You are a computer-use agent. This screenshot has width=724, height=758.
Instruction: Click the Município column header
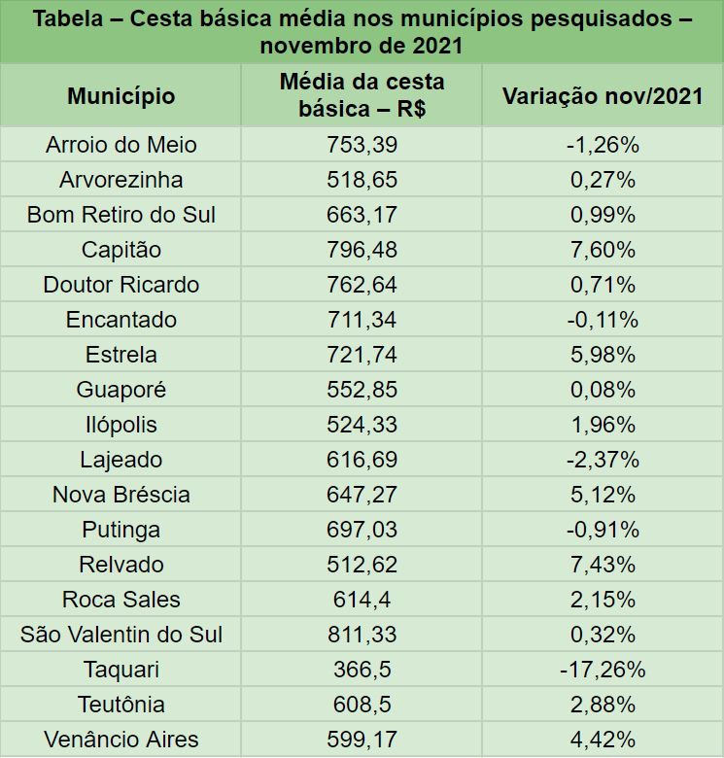pos(121,96)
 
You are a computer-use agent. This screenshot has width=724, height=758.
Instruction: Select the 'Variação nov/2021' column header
pos(603,96)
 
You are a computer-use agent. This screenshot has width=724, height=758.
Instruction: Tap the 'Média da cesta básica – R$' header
pos(362,95)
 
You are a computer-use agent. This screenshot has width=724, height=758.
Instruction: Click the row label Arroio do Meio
pos(121,145)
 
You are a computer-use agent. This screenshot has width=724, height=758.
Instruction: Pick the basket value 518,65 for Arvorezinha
pos(362,180)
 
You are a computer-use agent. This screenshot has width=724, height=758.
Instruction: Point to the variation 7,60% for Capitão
pos(603,250)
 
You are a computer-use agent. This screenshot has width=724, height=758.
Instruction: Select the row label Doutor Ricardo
pos(121,285)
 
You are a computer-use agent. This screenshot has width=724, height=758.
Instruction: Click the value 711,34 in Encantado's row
pos(362,320)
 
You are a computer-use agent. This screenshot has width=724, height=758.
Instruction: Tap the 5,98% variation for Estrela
pos(603,355)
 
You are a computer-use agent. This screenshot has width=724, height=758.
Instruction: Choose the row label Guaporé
pos(121,390)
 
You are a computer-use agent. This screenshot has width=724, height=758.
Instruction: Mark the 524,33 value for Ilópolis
pos(362,425)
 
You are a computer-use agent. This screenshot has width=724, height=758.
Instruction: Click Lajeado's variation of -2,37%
pos(603,460)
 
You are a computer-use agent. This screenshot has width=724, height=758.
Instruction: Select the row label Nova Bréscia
pos(121,495)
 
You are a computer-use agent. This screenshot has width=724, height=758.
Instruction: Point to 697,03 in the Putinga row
pos(362,530)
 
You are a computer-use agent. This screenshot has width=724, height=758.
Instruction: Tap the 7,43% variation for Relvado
pos(603,565)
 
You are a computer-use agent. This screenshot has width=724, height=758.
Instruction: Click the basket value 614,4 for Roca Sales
pos(362,600)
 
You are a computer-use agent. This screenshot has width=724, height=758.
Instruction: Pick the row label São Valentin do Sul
pos(121,635)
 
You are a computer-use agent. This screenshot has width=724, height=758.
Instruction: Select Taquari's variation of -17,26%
pos(603,670)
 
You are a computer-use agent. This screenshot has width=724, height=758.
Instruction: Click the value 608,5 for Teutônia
pos(362,705)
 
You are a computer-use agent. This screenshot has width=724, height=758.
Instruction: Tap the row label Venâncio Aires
pos(121,740)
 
